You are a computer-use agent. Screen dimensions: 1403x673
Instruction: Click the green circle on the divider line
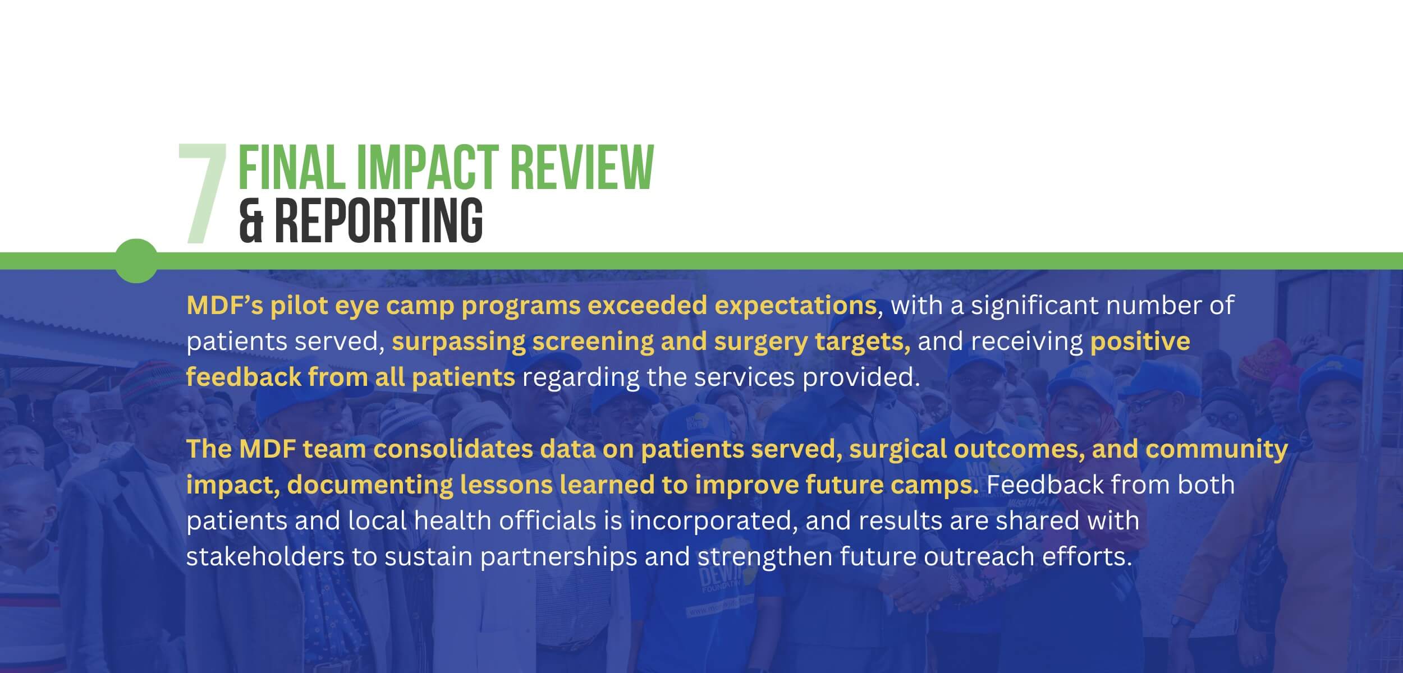(x=136, y=261)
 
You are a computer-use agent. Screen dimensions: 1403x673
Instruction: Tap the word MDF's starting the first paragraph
(x=224, y=306)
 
